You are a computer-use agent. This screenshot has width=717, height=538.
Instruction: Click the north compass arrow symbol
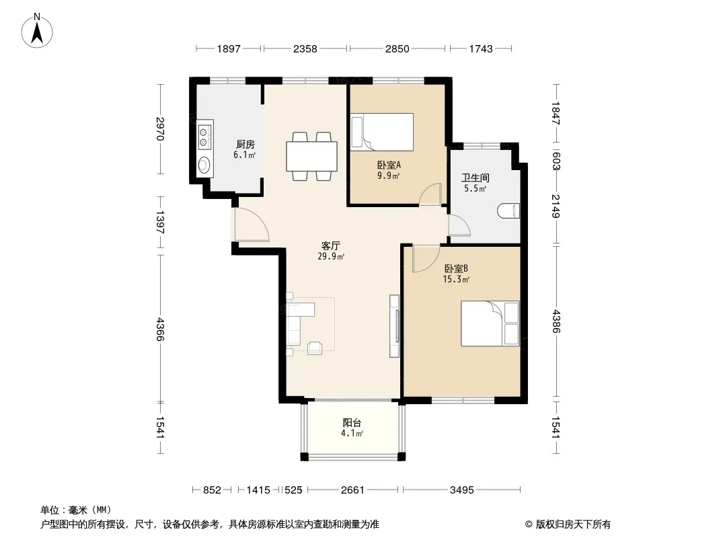click(37, 31)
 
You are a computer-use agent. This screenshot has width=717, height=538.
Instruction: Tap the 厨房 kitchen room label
click(245, 145)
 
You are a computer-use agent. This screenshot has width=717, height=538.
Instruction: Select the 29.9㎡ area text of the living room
click(331, 256)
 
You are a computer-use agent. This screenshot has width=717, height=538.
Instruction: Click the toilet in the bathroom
click(508, 210)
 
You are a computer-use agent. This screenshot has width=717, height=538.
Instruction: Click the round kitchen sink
click(204, 164)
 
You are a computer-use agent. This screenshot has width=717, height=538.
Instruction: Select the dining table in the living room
click(311, 156)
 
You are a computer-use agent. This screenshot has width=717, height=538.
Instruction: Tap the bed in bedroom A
click(382, 132)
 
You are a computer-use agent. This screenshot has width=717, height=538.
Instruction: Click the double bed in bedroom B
click(490, 323)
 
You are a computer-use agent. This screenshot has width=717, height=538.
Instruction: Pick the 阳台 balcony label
click(352, 423)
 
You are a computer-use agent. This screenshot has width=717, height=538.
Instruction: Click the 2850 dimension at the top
click(397, 48)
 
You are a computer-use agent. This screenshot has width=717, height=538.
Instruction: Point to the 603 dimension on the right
click(556, 161)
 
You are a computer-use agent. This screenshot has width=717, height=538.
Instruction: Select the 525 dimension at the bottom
click(293, 490)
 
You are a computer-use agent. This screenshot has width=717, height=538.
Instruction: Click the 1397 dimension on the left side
click(161, 223)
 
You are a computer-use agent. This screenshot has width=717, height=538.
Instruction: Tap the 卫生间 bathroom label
click(475, 178)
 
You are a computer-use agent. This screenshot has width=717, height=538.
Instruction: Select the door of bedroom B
click(425, 259)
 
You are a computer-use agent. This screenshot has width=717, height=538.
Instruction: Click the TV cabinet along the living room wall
click(394, 326)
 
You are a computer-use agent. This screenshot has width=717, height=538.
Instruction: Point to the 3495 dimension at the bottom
click(462, 490)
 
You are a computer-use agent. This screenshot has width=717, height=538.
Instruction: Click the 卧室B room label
click(456, 268)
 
